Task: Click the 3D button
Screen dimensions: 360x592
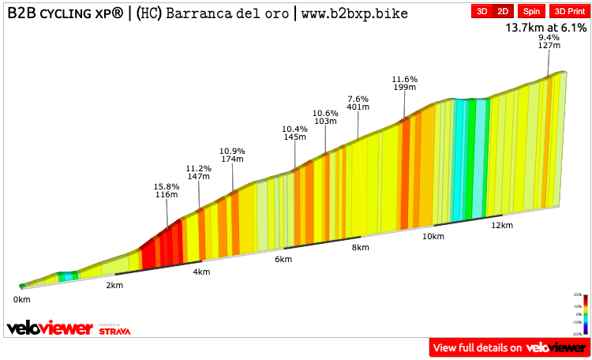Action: coord(481,11)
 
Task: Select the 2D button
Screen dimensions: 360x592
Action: coord(503,11)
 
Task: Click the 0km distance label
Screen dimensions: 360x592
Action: coord(21,299)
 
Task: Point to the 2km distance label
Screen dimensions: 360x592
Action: coord(114,285)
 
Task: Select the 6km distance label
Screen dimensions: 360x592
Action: coord(284,260)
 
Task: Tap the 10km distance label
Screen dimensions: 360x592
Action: coord(432,237)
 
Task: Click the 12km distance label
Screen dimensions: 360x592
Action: coord(502,226)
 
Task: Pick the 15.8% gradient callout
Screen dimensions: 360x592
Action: coord(166,190)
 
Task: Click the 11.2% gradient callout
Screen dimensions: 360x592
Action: coord(198,173)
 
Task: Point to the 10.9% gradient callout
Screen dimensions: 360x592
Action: coord(232,155)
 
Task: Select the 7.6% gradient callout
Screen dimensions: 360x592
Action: coord(358,103)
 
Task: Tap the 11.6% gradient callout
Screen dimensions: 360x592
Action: coord(404,83)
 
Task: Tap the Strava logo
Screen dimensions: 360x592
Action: coord(114,330)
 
